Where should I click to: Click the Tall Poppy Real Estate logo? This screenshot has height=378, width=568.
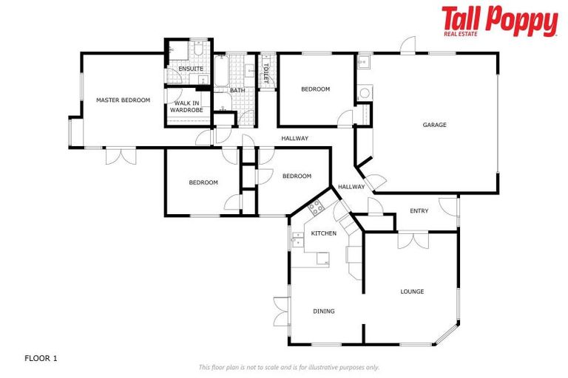tap(499, 21)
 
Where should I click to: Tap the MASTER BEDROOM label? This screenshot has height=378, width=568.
tap(123, 100)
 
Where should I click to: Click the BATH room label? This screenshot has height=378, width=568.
tap(237, 91)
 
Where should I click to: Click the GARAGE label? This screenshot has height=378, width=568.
tap(434, 125)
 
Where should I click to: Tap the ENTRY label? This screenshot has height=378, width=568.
tap(419, 211)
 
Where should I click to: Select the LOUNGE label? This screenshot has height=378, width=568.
tap(412, 292)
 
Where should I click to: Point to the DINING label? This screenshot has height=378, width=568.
tap(323, 312)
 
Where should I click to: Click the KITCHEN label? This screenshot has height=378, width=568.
tap(323, 233)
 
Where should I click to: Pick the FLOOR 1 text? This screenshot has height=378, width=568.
tap(41, 358)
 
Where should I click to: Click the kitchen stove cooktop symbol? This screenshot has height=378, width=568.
tap(317, 207)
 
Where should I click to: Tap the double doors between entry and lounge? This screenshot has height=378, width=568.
tap(412, 239)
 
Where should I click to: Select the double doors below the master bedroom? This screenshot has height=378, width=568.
tap(120, 155)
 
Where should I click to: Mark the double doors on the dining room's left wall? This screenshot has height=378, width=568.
tap(281, 311)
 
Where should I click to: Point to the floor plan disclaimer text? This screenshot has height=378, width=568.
tap(288, 367)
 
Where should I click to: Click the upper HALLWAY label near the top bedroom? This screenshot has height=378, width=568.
tap(294, 138)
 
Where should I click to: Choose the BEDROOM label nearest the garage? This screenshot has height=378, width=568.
tap(315, 89)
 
